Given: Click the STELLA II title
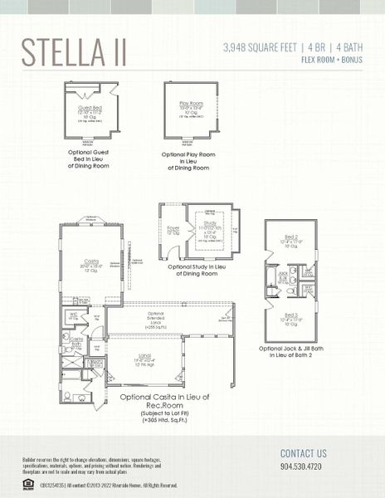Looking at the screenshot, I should [74, 51].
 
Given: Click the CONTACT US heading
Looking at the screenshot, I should [304, 453].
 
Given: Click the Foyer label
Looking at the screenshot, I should [173, 229].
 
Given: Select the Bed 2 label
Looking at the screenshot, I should [290, 236].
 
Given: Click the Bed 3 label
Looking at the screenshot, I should [290, 315].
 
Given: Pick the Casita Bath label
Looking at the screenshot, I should [76, 341].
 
